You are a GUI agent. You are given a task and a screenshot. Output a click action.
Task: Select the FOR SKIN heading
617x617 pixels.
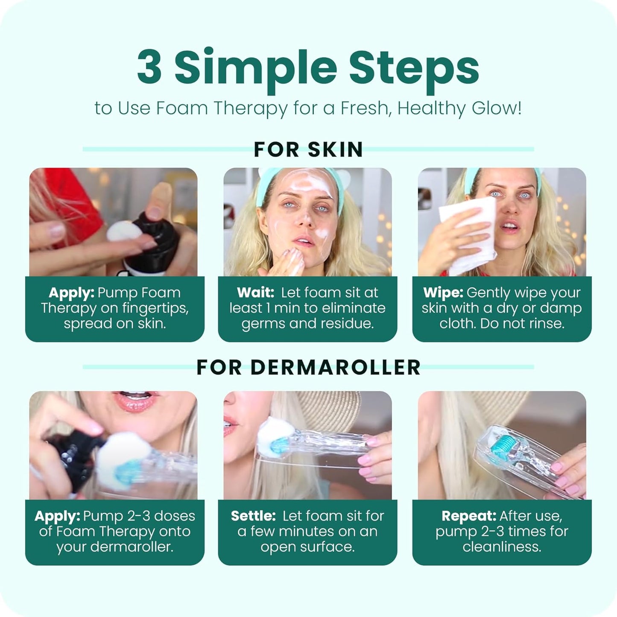pyautogui.click(x=308, y=150)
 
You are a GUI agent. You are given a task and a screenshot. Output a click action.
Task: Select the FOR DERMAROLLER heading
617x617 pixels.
pyautogui.click(x=308, y=368)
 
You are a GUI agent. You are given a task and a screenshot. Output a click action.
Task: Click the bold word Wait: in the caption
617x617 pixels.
pyautogui.click(x=255, y=293)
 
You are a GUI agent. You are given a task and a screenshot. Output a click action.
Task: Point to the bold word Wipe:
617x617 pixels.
pyautogui.click(x=443, y=293)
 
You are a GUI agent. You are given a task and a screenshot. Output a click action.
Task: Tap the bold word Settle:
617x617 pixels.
pyautogui.click(x=253, y=516)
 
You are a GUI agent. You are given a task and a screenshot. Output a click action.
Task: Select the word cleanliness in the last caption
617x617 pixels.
pyautogui.click(x=501, y=547)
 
